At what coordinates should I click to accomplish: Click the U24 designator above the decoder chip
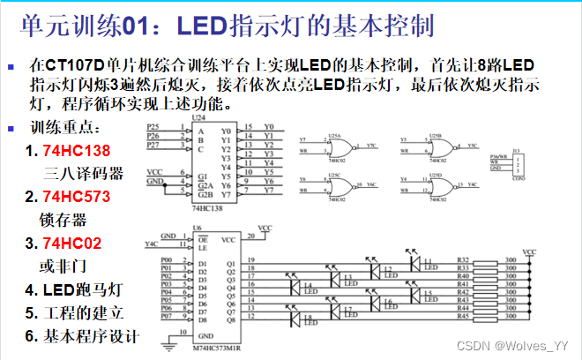[x=198, y=117]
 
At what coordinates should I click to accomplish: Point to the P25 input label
[x=153, y=128]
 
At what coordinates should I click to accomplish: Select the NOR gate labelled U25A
[x=334, y=144]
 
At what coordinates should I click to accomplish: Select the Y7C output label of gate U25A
[x=371, y=144]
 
